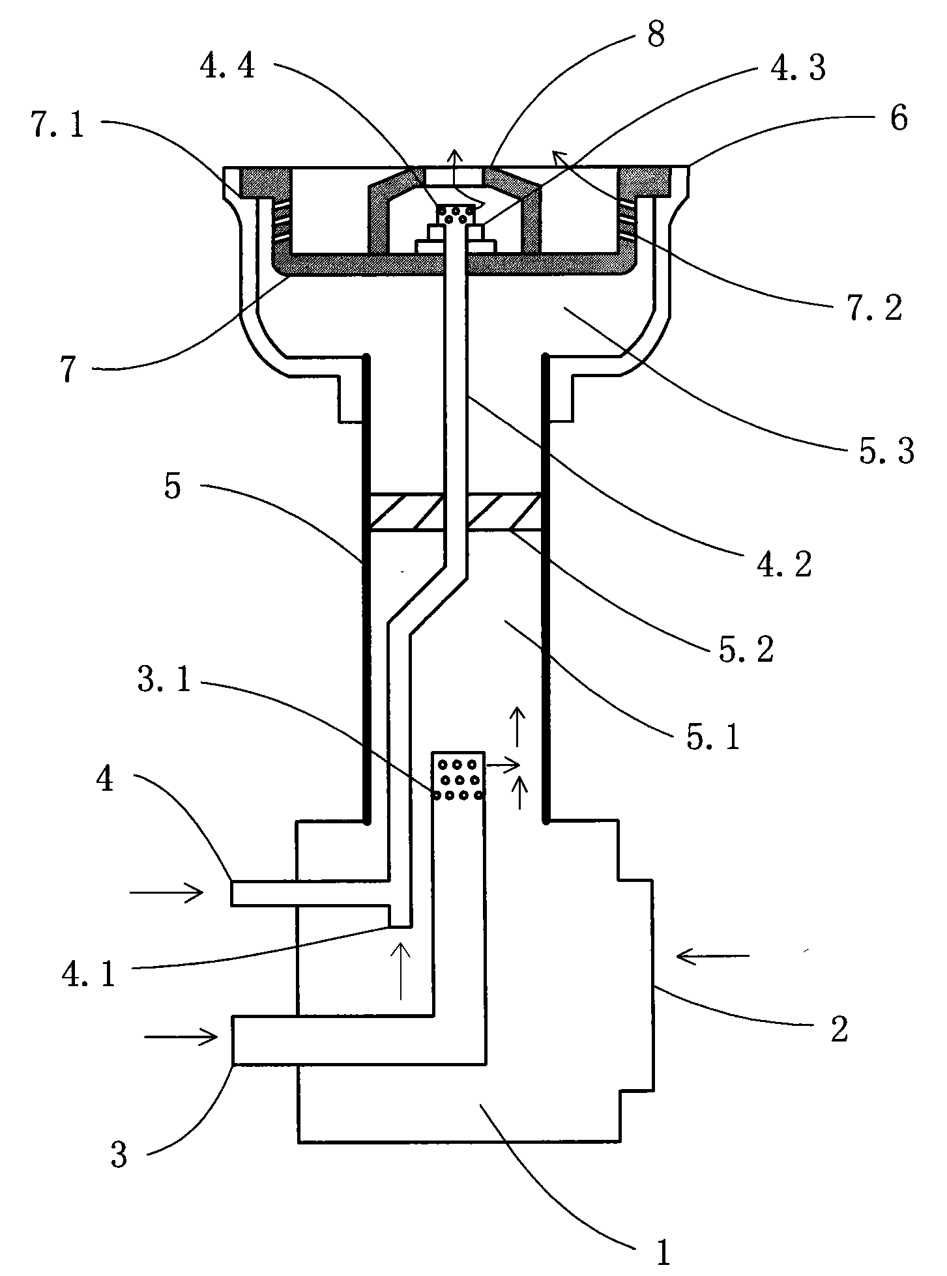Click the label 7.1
(x=58, y=125)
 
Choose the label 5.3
(x=886, y=451)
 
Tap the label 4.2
(x=784, y=564)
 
